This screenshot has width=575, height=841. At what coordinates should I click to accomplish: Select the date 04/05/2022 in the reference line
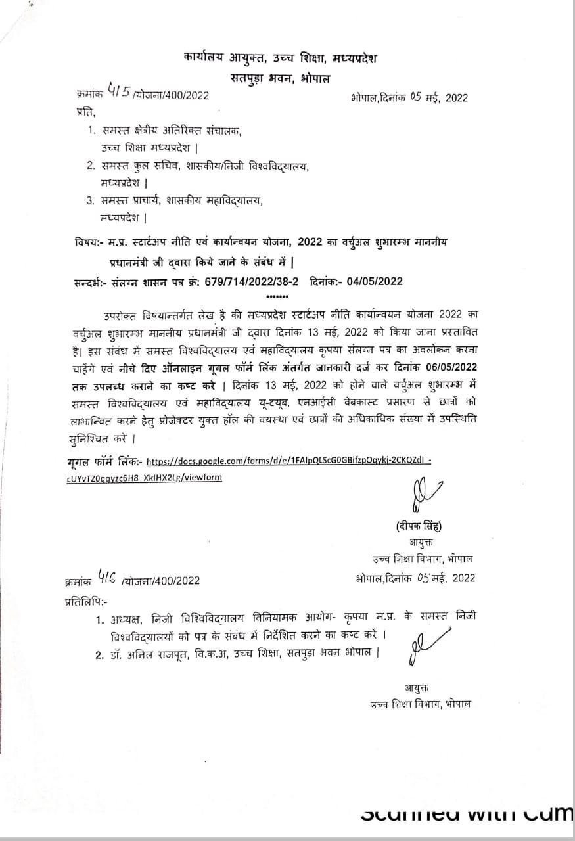tap(372, 282)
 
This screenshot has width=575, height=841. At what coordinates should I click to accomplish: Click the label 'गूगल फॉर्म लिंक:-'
tap(104, 462)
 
